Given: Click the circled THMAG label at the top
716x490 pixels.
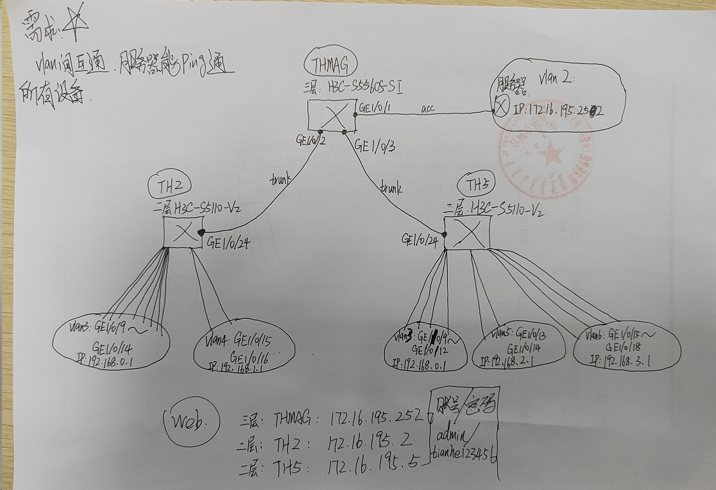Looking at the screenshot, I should pos(331,65).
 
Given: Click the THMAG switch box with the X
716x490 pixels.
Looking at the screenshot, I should pos(332,118).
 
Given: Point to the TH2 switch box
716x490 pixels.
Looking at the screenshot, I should pos(183,232).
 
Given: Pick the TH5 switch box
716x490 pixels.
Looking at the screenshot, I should pos(468,232).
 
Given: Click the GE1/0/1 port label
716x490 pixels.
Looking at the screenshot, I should pos(376,108).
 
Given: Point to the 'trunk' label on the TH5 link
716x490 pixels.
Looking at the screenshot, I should pos(390,189).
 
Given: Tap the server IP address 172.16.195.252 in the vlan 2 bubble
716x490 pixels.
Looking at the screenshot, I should pos(560,110).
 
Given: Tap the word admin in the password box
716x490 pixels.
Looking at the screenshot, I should pos(453,435).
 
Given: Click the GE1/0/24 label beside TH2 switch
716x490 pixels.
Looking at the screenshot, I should pos(226,243).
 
